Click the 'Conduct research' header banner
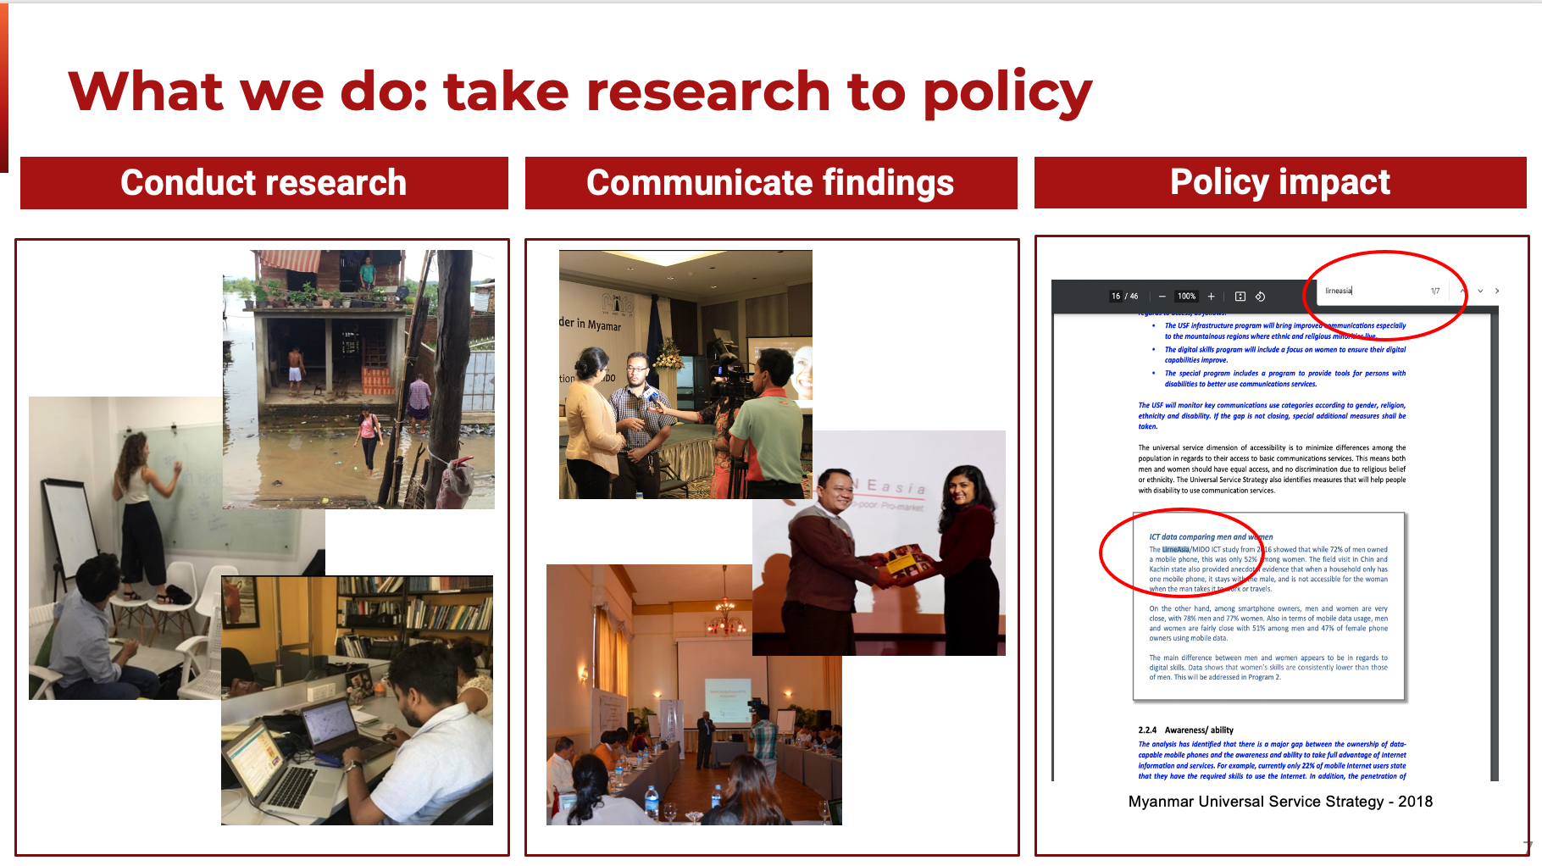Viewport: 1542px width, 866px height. tap(263, 183)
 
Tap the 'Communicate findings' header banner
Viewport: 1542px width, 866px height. tap(770, 183)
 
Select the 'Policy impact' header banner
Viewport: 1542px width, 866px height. tap(1279, 182)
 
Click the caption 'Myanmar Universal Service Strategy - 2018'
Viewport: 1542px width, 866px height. tap(1279, 802)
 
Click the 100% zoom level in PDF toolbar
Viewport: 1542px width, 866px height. tap(1186, 297)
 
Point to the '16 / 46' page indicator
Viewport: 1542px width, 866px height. tap(1124, 297)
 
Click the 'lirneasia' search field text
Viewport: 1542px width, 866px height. tap(1339, 291)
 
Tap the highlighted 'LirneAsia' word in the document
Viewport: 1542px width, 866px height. tap(1176, 549)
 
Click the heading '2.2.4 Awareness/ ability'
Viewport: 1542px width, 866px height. tap(1185, 730)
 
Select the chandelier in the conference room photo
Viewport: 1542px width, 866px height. tap(725, 614)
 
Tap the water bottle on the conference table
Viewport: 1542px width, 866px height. tap(651, 801)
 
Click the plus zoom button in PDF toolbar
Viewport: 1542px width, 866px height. tap(1211, 297)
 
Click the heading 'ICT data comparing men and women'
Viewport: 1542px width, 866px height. tap(1210, 537)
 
